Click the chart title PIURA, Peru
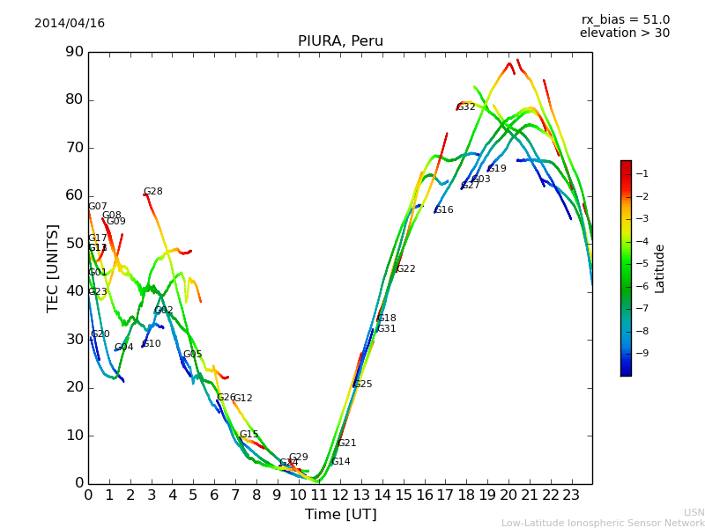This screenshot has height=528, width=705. pyautogui.click(x=340, y=41)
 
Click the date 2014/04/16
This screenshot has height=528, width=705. pyautogui.click(x=70, y=23)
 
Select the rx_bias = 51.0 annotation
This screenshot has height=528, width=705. pyautogui.click(x=625, y=19)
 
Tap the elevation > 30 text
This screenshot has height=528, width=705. pyautogui.click(x=625, y=33)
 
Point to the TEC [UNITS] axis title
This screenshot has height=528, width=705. pyautogui.click(x=53, y=268)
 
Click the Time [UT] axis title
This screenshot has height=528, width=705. pyautogui.click(x=340, y=515)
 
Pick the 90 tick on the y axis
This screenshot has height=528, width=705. pyautogui.click(x=73, y=52)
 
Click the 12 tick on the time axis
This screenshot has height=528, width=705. pyautogui.click(x=340, y=495)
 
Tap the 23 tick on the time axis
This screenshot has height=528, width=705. pyautogui.click(x=571, y=495)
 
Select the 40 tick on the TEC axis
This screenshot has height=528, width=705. pyautogui.click(x=73, y=291)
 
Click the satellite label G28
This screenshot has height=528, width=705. pyautogui.click(x=153, y=192)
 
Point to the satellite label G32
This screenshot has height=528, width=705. pyautogui.click(x=466, y=107)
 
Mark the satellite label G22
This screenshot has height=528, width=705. pyautogui.click(x=406, y=269)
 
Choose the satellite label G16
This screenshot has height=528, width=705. pyautogui.click(x=444, y=210)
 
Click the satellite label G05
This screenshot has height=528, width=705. pyautogui.click(x=193, y=355)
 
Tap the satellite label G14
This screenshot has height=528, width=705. pyautogui.click(x=341, y=462)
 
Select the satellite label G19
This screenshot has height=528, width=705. pyautogui.click(x=497, y=169)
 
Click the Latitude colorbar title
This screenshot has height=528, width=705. pyautogui.click(x=660, y=268)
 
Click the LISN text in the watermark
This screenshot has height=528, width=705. pyautogui.click(x=694, y=512)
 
